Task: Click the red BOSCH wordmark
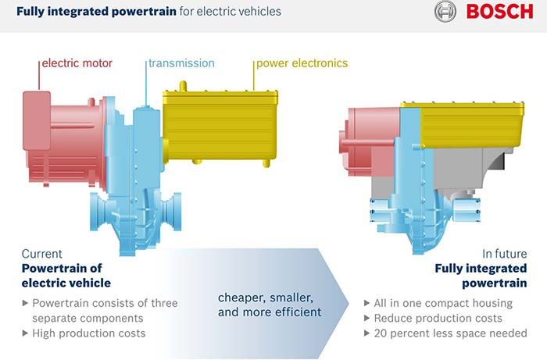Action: point(499,12)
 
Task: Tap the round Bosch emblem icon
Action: point(445,12)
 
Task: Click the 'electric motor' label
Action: point(77,63)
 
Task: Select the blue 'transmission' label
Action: point(181,63)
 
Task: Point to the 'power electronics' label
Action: point(302,63)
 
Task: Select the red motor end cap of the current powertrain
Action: point(37,120)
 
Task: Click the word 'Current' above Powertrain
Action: point(42,254)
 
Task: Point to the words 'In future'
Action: point(505,254)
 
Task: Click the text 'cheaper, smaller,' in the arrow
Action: point(266,298)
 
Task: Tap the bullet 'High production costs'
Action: point(88,333)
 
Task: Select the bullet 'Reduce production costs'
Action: point(438,318)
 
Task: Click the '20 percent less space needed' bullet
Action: point(450,333)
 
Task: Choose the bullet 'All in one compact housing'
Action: point(443,303)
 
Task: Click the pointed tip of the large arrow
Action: point(349,303)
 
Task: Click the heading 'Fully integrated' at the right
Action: point(481,269)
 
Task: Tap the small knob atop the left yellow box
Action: point(183,87)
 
